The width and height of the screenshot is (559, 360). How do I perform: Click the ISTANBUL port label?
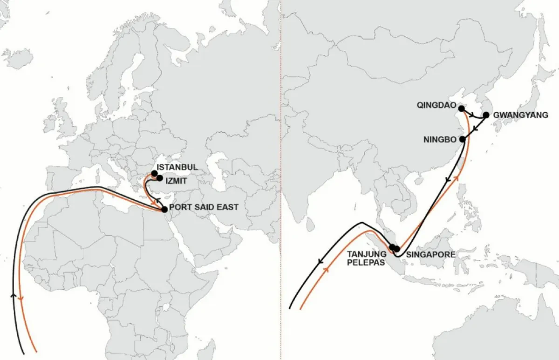point(177,167)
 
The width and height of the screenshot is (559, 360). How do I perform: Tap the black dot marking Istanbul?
point(155,173)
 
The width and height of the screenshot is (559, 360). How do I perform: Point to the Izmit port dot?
point(160,178)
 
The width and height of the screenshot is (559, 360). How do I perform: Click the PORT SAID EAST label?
point(203,207)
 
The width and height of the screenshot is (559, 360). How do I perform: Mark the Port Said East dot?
point(164,210)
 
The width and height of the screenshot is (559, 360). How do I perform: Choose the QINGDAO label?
point(436,106)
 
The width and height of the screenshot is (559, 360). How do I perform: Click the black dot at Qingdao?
point(461,109)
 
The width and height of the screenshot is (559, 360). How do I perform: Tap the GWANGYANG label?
point(520,115)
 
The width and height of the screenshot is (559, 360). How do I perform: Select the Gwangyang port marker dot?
point(485,115)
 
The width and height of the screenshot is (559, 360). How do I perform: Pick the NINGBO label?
point(439,139)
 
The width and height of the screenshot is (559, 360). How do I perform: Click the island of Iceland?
point(18,58)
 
